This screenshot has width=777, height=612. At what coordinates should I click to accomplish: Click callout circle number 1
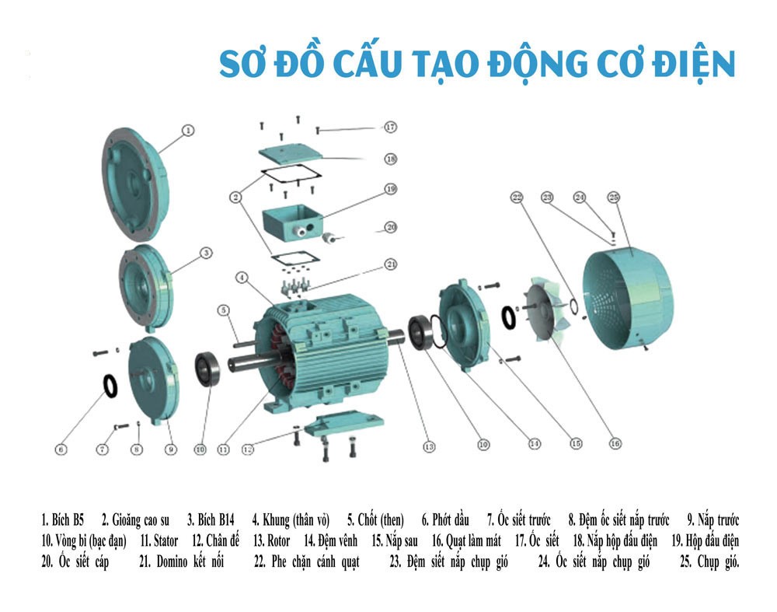[188, 131]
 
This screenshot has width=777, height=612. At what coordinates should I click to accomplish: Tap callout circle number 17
[391, 127]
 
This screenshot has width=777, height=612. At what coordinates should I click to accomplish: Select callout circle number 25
[614, 198]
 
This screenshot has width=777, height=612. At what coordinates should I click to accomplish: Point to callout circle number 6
[61, 449]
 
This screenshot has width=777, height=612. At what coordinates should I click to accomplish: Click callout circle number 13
[429, 446]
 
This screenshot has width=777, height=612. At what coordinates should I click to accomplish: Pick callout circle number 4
[242, 278]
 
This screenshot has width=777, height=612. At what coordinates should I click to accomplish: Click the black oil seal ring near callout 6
[110, 386]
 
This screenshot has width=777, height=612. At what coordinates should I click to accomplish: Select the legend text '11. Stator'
[159, 540]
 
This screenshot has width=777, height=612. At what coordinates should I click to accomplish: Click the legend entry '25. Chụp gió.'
[709, 562]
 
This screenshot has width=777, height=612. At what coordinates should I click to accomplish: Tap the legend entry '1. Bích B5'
[63, 519]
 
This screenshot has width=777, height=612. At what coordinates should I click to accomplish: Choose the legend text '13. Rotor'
[271, 540]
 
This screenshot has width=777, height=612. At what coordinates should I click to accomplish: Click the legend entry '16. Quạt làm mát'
[466, 540]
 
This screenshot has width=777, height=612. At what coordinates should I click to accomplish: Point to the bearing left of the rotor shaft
[207, 369]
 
